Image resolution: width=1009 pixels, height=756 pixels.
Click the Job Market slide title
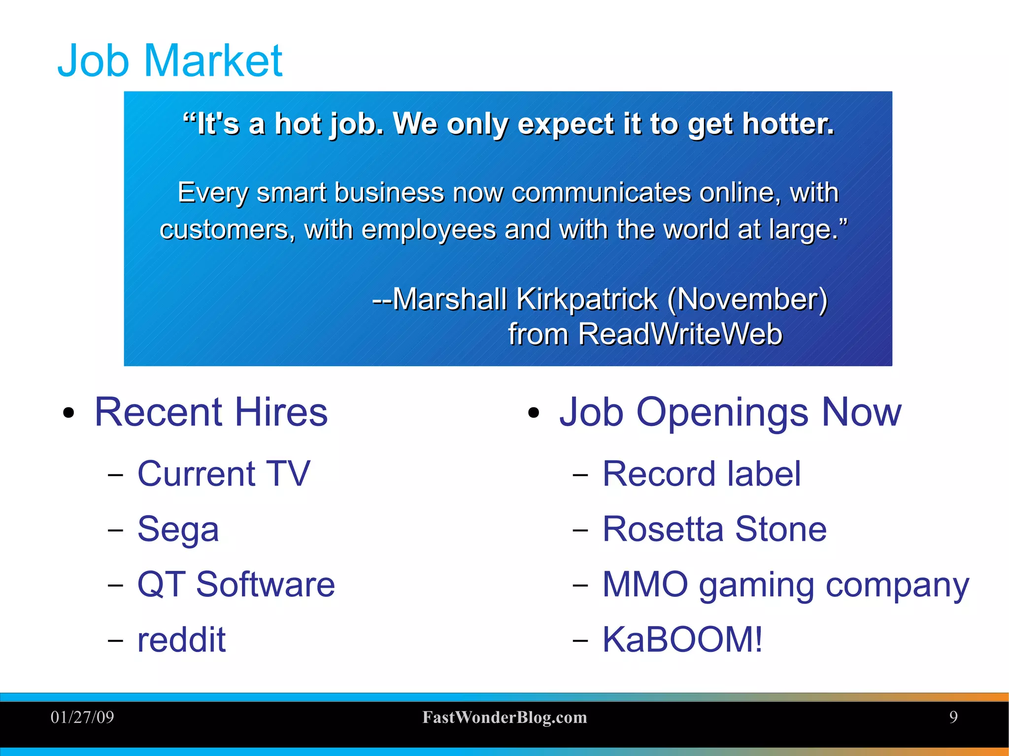(x=170, y=61)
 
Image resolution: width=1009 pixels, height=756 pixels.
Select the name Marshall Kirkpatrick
(x=525, y=299)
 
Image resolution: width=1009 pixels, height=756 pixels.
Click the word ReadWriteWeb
(x=680, y=334)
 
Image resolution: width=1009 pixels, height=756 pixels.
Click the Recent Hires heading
(x=211, y=412)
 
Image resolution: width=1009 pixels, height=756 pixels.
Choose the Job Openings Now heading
(x=730, y=412)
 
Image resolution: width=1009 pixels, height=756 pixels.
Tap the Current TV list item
(x=224, y=474)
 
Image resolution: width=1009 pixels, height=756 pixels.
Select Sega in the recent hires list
(x=178, y=529)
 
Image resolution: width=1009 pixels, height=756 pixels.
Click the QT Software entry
(x=236, y=585)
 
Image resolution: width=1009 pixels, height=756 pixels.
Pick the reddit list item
(x=181, y=640)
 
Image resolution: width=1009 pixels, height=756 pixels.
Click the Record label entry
(x=702, y=474)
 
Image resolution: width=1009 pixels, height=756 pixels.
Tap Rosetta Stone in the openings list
(x=714, y=529)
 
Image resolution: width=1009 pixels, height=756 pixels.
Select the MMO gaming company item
(x=785, y=585)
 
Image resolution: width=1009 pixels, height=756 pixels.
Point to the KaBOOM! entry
(x=682, y=640)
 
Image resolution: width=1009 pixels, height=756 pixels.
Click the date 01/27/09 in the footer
(x=82, y=717)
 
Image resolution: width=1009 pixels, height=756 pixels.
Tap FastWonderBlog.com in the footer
(x=504, y=717)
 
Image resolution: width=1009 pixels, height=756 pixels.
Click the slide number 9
(x=953, y=717)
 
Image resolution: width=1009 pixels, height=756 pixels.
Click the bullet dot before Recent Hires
(x=68, y=413)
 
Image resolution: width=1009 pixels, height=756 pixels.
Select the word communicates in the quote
(x=601, y=192)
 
